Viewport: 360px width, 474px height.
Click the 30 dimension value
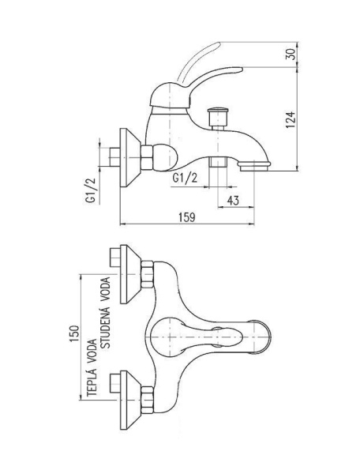[x=291, y=54]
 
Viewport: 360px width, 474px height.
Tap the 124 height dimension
[x=291, y=120]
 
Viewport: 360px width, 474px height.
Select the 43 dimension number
[x=233, y=200]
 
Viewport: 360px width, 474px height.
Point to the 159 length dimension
[x=187, y=217]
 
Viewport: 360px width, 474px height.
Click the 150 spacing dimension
[x=74, y=333]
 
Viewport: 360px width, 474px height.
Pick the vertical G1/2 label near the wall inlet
[x=91, y=190]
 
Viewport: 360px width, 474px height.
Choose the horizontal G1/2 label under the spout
[x=185, y=178]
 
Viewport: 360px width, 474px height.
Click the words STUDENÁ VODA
[x=106, y=313]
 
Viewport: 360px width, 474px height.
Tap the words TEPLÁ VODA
[x=92, y=367]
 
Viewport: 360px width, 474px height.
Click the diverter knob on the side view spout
[x=218, y=118]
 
